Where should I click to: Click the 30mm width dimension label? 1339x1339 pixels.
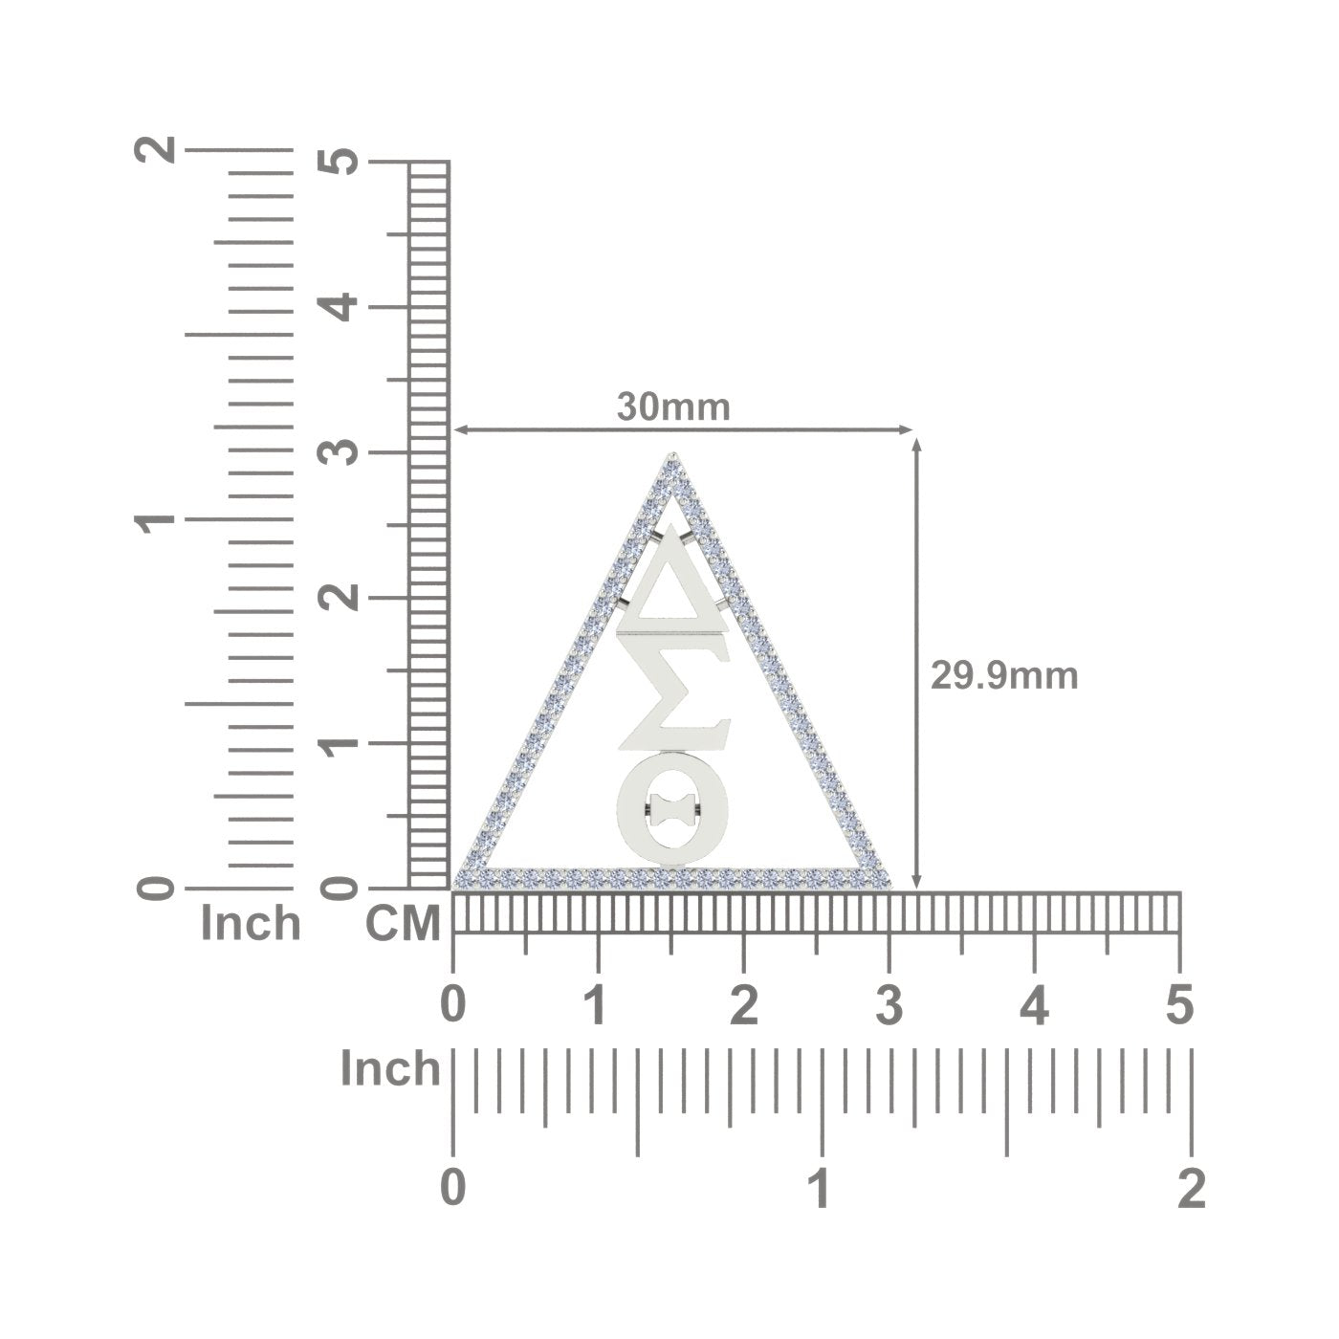[673, 406]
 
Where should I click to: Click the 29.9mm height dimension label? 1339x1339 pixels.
[1004, 676]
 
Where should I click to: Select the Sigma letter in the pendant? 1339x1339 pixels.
[672, 695]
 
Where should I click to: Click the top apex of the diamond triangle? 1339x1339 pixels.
[672, 454]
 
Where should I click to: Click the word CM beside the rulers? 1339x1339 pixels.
[403, 924]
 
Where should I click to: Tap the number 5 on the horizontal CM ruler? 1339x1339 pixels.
[1180, 1005]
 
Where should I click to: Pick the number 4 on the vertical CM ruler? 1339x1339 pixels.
[339, 307]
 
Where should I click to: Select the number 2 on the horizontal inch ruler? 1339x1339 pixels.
[1192, 1189]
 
